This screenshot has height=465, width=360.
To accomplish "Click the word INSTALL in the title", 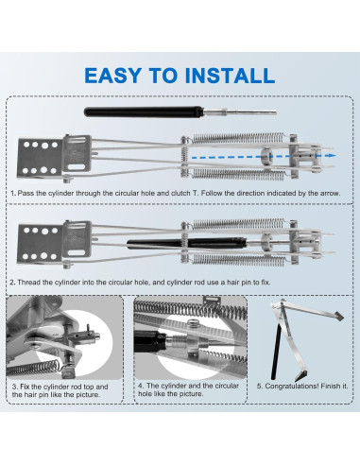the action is click(x=230, y=76).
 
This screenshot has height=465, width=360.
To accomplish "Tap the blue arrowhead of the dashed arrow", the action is click(x=331, y=156).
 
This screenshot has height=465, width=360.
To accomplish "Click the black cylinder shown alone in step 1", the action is click(x=144, y=112).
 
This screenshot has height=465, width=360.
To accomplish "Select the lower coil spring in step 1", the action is click(x=238, y=174).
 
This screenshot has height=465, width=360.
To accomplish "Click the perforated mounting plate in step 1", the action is click(x=40, y=158).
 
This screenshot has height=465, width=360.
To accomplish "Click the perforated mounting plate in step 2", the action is click(x=40, y=244).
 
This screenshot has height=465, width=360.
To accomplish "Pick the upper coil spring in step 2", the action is click(x=238, y=224).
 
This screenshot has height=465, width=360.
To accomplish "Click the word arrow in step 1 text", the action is click(x=331, y=193).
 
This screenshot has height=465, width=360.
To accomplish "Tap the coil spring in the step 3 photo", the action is click(x=33, y=368).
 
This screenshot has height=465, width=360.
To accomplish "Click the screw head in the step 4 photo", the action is click(x=192, y=323).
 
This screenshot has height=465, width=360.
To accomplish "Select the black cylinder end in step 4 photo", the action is click(x=148, y=341).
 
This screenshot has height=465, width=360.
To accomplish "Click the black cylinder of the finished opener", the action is click(x=276, y=352).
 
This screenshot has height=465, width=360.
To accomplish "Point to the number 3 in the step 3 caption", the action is click(x=14, y=387).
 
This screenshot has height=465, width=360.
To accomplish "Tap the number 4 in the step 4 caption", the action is click(x=141, y=386).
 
